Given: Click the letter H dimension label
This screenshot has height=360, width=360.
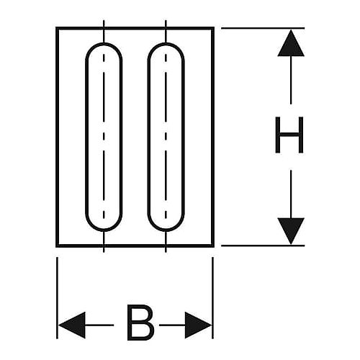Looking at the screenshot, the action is click(289, 135).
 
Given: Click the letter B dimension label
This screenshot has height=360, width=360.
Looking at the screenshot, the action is click(140, 323).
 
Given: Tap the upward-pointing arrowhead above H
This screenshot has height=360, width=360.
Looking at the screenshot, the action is click(291, 42).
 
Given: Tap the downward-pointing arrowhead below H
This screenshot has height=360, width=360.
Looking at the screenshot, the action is click(291, 231).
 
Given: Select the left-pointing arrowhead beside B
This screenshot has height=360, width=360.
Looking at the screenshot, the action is click(72, 325).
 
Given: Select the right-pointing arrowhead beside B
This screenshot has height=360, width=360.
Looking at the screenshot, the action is click(198, 325).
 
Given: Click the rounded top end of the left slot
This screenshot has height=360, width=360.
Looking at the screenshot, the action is click(104, 44).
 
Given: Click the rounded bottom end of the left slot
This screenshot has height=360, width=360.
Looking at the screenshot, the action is click(104, 230).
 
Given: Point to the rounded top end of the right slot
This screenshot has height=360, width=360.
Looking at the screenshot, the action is click(166, 44).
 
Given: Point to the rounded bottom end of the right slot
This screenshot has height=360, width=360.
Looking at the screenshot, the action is click(166, 230).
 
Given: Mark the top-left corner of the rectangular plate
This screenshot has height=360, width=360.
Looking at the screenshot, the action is click(57, 28).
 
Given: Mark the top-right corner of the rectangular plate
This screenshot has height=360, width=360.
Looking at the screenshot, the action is click(213, 28).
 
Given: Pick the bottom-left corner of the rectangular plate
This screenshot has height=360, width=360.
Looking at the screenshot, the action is click(57, 246).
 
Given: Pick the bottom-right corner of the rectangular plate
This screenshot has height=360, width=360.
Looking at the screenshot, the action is click(213, 246).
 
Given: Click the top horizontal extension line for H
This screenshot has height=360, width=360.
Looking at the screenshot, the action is click(263, 28).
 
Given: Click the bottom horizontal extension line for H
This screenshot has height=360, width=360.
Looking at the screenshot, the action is click(263, 246).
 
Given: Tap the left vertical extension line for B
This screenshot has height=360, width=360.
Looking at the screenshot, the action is click(57, 298).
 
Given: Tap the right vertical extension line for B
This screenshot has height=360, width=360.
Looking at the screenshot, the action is click(213, 298).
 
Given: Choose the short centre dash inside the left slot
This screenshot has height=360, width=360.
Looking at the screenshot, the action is click(104, 136).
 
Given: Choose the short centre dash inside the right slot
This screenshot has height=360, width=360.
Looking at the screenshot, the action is click(166, 136).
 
